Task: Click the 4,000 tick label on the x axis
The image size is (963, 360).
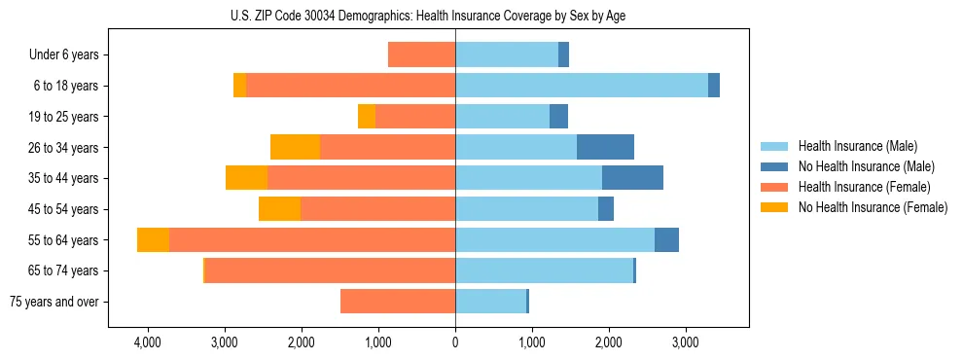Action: pyautogui.click(x=148, y=342)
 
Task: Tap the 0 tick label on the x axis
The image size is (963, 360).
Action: pyautogui.click(x=455, y=342)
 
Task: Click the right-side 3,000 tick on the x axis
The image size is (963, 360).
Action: pyautogui.click(x=685, y=342)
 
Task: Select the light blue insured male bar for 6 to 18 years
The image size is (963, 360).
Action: pyautogui.click(x=582, y=86)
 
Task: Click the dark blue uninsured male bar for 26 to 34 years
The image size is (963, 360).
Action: pyautogui.click(x=605, y=148)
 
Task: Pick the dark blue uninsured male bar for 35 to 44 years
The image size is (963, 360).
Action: pyautogui.click(x=632, y=178)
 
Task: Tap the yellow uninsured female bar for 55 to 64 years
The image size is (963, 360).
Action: pyautogui.click(x=153, y=240)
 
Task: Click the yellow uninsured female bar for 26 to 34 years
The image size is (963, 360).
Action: pyautogui.click(x=295, y=148)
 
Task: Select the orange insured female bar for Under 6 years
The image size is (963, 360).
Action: pyautogui.click(x=421, y=55)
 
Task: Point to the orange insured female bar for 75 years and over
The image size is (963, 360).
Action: pyautogui.click(x=398, y=302)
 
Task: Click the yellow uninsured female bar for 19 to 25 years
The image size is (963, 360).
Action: pyautogui.click(x=367, y=117)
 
